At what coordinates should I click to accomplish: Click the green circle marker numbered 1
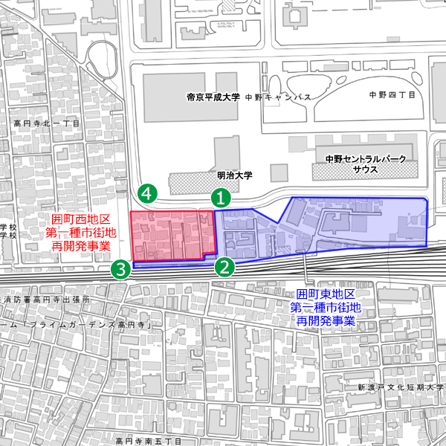pyautogui.click(x=221, y=198)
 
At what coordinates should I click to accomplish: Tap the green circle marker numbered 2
pyautogui.click(x=224, y=266)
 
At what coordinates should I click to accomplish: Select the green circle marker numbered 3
pyautogui.click(x=120, y=268)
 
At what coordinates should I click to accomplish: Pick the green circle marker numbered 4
pyautogui.click(x=149, y=193)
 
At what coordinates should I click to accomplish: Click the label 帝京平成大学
pyautogui.click(x=213, y=97)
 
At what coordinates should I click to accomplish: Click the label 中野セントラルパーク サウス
pyautogui.click(x=356, y=164)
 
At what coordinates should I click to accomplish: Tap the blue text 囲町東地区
pyautogui.click(x=326, y=294)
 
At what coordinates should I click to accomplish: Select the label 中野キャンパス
pyautogui.click(x=279, y=97)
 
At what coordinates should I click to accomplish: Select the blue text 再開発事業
pyautogui.click(x=326, y=320)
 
